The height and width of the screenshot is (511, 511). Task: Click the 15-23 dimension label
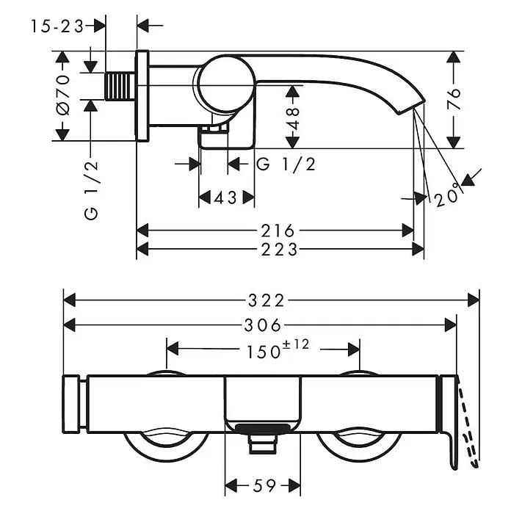click(x=57, y=26)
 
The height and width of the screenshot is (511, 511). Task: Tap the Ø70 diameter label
click(x=63, y=95)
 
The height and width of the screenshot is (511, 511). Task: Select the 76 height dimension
click(x=454, y=98)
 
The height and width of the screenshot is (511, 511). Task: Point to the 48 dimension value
click(x=293, y=119)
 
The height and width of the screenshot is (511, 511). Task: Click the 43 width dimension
click(x=225, y=197)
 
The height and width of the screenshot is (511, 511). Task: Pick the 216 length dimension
click(x=278, y=231)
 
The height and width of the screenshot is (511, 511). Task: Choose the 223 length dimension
click(x=279, y=250)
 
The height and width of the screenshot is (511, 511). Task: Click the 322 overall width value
click(x=267, y=300)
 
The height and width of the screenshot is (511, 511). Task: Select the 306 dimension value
click(x=263, y=325)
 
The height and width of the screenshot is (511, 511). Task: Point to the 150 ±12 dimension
click(x=278, y=349)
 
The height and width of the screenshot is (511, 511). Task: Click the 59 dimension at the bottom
click(x=264, y=485)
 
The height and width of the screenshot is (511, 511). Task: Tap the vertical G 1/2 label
click(x=91, y=190)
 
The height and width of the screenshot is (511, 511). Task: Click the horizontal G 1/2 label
click(x=286, y=164)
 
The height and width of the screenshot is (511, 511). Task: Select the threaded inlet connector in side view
click(x=120, y=87)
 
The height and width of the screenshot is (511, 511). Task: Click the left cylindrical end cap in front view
click(x=71, y=404)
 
